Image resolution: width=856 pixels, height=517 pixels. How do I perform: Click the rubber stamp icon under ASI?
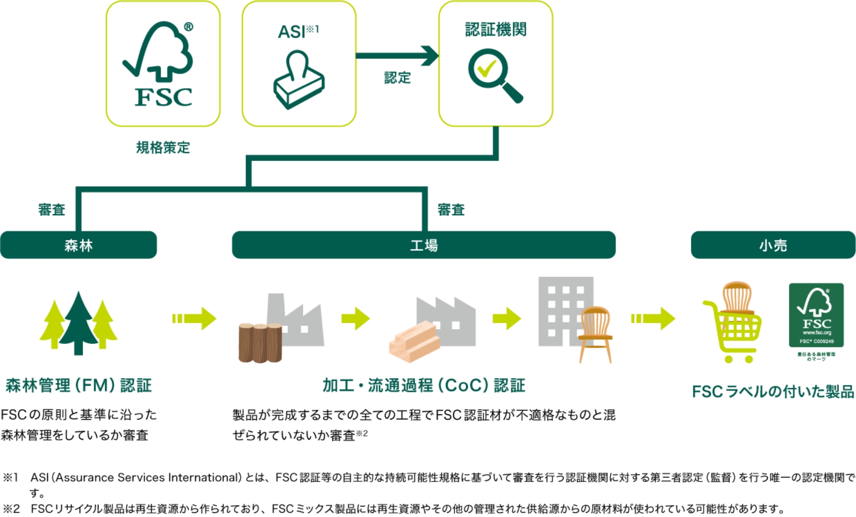299,81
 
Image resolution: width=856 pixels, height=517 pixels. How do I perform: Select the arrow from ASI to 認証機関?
397,56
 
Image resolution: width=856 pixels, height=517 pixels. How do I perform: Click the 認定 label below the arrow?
397,77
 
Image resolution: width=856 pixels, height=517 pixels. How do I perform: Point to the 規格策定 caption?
163,148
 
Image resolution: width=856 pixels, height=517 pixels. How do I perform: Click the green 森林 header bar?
78,245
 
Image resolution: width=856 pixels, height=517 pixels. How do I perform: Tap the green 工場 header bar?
424,245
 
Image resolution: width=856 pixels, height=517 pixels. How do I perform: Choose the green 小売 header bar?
773,245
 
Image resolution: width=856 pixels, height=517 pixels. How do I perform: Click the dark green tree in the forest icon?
78,323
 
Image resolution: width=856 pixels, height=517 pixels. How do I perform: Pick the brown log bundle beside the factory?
260,342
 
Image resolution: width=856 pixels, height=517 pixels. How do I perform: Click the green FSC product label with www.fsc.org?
816,315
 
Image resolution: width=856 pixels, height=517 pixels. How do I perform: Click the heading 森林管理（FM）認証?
78,385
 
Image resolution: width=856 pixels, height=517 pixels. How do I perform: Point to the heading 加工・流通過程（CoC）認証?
424,385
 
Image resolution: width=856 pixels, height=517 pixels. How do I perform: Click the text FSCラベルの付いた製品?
773,392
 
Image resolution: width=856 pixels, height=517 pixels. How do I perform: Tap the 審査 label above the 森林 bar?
51,210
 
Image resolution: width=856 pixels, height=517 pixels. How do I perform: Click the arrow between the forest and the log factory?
194,318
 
